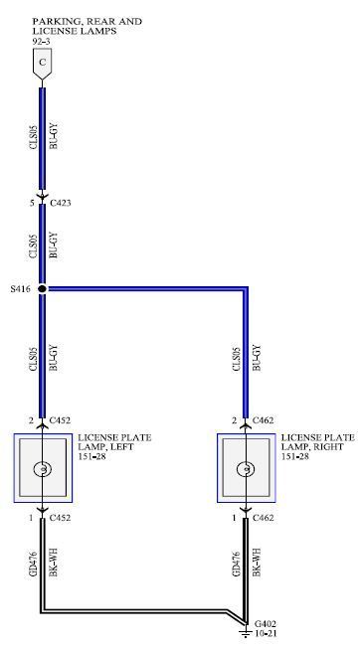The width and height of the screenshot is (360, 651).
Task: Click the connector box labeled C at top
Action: point(42,63)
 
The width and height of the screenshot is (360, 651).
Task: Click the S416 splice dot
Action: point(43,289)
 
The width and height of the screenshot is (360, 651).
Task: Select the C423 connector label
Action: point(60,203)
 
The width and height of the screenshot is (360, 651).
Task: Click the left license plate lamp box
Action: point(42,468)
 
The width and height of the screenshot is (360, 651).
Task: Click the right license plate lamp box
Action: point(246,468)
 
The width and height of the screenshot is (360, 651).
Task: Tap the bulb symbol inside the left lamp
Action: point(42,469)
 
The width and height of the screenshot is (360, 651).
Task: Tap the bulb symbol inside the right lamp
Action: point(246,469)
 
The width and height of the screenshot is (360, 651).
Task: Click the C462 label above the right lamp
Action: point(264,420)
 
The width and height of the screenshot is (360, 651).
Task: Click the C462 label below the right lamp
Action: point(264,517)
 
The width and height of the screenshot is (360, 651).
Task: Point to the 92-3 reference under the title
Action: point(42,43)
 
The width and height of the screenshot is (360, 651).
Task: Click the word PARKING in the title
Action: point(55,21)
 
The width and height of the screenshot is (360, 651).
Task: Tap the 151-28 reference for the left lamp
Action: point(92,457)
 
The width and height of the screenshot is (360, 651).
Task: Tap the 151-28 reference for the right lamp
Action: point(296,457)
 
